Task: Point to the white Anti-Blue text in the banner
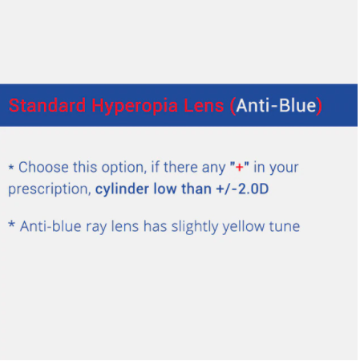[x=277, y=105]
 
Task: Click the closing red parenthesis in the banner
[x=319, y=105]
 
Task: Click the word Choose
[x=44, y=168]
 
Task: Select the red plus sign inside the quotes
[x=239, y=168]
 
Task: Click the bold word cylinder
[x=124, y=190]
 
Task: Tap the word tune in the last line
[x=284, y=226]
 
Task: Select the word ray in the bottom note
[x=95, y=226]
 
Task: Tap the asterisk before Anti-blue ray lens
[x=11, y=225]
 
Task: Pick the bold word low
[x=170, y=190]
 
